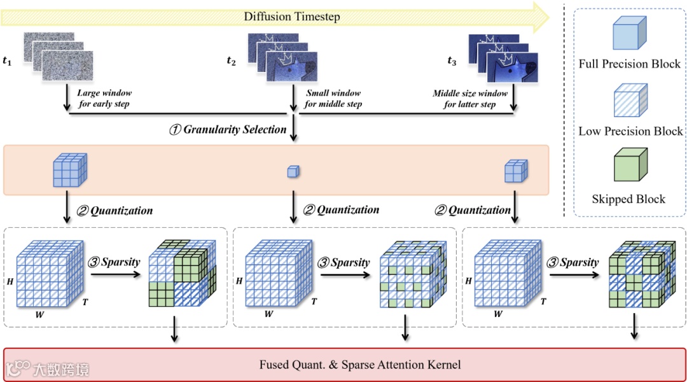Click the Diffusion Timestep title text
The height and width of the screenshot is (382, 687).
pyautogui.click(x=292, y=17)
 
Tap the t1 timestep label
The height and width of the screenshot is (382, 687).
pyautogui.click(x=7, y=61)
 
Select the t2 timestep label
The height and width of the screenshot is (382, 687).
pyautogui.click(x=231, y=61)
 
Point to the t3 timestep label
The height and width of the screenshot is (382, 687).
pyautogui.click(x=452, y=61)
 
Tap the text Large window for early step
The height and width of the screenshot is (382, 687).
pyautogui.click(x=104, y=99)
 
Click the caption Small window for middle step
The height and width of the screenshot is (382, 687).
pyautogui.click(x=333, y=99)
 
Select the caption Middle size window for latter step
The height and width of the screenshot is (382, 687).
pyautogui.click(x=470, y=99)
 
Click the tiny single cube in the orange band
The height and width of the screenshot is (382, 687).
pyautogui.click(x=293, y=171)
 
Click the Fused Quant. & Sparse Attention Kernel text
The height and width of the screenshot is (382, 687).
pyautogui.click(x=359, y=365)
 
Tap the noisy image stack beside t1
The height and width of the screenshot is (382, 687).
pyautogui.click(x=58, y=59)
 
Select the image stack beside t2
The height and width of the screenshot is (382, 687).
pyautogui.click(x=277, y=59)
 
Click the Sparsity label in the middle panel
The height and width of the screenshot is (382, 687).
pyautogui.click(x=344, y=262)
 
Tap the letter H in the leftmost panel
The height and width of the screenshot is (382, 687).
pyautogui.click(x=8, y=281)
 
